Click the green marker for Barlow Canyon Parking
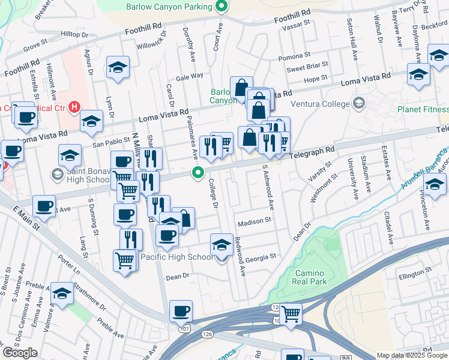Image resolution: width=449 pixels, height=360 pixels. pyautogui.click(x=221, y=7)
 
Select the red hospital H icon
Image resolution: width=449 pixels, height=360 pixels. pyautogui.click(x=74, y=107)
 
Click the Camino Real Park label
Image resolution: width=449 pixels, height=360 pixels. pyautogui.click(x=310, y=277)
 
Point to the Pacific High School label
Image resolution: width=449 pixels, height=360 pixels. pyautogui.click(x=176, y=257)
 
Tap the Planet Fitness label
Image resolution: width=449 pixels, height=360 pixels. pyautogui.click(x=423, y=109)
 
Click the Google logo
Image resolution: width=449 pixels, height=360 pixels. pyautogui.click(x=20, y=353)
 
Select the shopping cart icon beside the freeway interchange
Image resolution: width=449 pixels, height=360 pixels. pyautogui.click(x=291, y=313)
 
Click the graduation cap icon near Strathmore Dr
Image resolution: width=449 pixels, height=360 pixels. pyautogui.click(x=62, y=293)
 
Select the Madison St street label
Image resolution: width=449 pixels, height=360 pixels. pyautogui.click(x=254, y=221)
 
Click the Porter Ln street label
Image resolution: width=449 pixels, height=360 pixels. pyautogui.click(x=68, y=265)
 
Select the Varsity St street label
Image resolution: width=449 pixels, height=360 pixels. pyautogui.click(x=321, y=174)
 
